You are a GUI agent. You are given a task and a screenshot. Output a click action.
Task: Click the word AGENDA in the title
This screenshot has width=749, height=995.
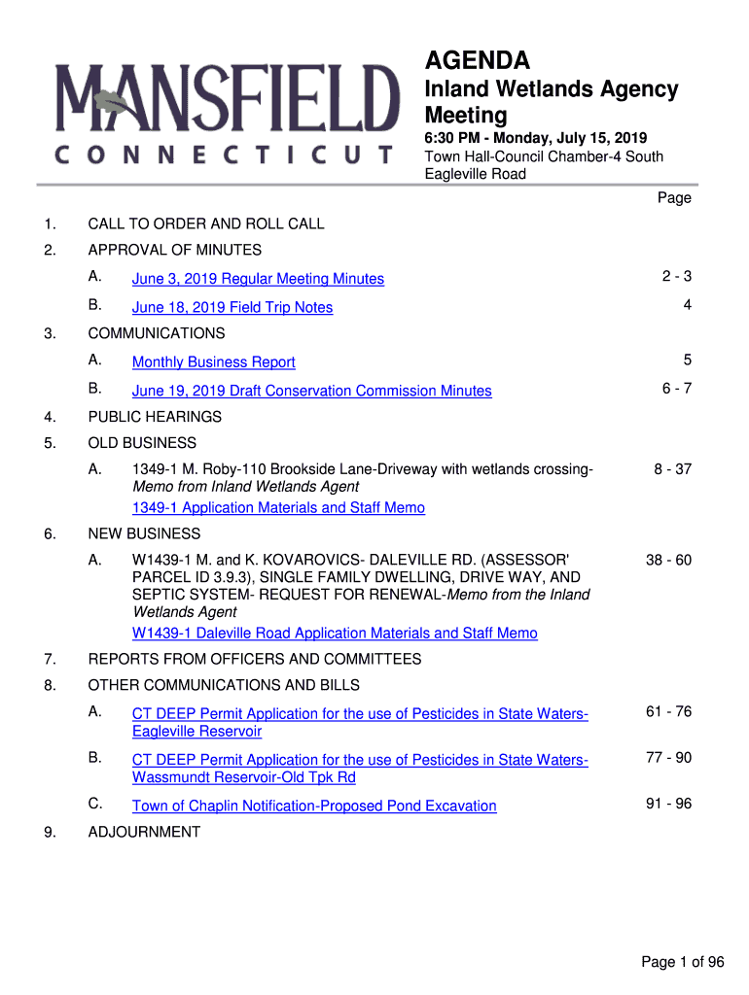(x=478, y=61)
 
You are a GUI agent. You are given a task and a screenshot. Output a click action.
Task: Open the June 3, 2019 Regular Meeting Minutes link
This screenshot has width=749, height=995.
(x=258, y=279)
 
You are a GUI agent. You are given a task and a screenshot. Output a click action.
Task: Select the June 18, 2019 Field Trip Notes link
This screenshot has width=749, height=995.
(x=232, y=307)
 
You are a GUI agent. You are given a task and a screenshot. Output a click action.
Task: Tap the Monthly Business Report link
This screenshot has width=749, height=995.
(x=214, y=362)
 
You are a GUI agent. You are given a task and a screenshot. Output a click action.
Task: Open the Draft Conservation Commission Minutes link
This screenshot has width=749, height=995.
(x=312, y=391)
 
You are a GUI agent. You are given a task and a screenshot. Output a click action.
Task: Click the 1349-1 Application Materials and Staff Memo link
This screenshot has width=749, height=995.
(x=278, y=508)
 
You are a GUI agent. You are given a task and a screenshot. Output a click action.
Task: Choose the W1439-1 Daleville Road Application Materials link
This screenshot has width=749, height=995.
(x=335, y=634)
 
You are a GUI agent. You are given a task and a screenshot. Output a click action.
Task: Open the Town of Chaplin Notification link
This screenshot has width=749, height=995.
(x=314, y=806)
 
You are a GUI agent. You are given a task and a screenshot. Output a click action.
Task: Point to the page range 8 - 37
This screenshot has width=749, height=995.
(x=672, y=469)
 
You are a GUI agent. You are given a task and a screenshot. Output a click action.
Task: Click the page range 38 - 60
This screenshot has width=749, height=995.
(x=668, y=561)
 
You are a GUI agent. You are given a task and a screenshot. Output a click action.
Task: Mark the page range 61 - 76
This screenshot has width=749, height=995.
(x=668, y=712)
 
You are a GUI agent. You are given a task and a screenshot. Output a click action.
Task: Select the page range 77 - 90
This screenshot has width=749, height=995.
(x=668, y=758)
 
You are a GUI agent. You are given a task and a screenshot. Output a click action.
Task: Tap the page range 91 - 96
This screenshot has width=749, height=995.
(x=668, y=805)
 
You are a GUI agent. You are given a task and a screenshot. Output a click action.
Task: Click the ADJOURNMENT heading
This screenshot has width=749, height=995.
(x=144, y=832)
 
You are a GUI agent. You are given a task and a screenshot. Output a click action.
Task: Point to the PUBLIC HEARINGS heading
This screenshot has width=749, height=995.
(x=155, y=417)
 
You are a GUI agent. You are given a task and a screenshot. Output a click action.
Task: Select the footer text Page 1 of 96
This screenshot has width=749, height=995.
(x=683, y=962)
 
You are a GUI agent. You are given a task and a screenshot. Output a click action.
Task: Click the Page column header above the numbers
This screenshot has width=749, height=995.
(x=674, y=198)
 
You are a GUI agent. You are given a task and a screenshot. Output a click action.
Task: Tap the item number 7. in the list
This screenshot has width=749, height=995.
(x=50, y=659)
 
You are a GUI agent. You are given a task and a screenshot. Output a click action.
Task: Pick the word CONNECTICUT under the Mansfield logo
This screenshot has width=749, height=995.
(x=225, y=155)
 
